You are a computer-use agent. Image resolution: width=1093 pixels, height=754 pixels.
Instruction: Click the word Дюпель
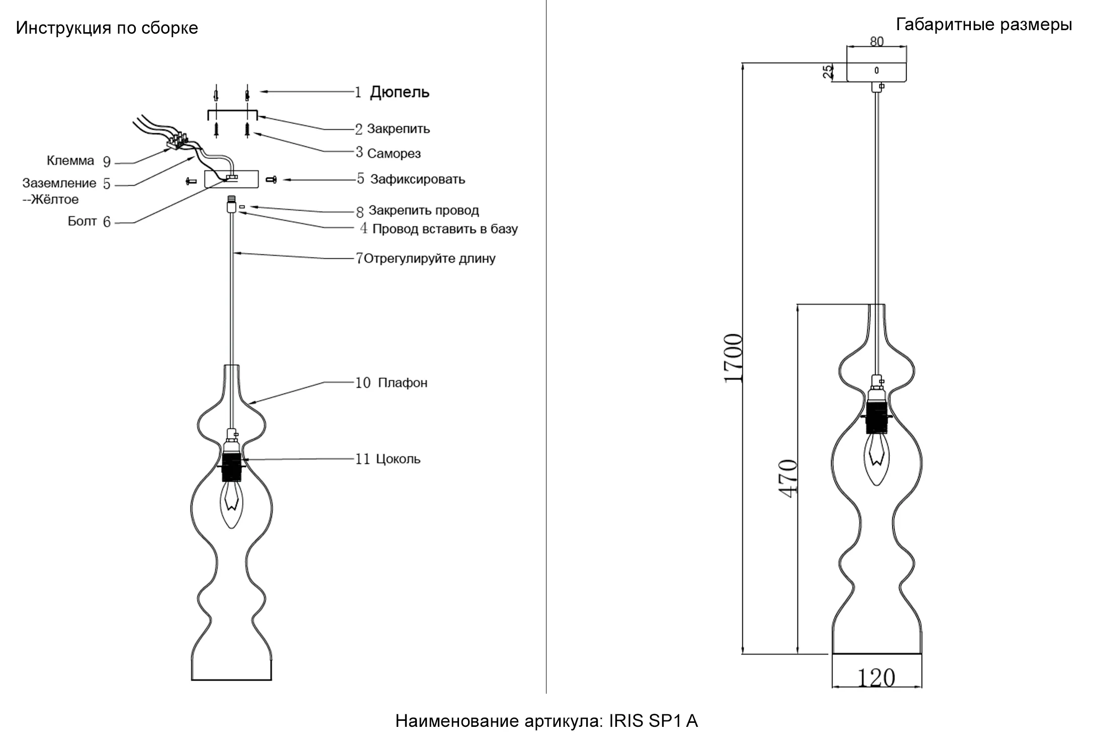point(400,92)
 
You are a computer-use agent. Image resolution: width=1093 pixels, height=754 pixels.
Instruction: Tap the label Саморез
point(394,153)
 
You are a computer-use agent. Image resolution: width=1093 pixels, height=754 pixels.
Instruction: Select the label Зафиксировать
point(418,179)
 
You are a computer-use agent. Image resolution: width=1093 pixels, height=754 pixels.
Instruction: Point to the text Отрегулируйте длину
point(429,259)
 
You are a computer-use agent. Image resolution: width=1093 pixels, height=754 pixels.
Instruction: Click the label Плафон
point(402,383)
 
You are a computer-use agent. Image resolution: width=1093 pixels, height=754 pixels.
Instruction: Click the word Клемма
point(70,161)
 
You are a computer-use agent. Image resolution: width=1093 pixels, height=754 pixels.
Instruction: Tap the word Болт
point(82,222)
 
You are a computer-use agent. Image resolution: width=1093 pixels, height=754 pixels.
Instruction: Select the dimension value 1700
point(733,358)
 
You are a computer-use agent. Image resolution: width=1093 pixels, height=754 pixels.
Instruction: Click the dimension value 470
point(788,479)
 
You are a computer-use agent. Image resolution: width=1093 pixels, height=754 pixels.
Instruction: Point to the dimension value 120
point(876,678)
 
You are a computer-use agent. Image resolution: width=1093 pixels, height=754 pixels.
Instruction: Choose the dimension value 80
point(877,41)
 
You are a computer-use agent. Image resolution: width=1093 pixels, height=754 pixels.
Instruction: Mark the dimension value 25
point(828,71)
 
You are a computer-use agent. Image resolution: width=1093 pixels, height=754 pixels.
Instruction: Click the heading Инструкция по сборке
point(107,28)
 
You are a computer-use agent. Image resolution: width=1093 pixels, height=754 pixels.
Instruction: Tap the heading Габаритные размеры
point(984,25)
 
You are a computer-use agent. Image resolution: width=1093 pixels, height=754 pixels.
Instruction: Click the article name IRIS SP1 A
point(654,721)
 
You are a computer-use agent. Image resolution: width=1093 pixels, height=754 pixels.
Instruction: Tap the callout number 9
point(107,162)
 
